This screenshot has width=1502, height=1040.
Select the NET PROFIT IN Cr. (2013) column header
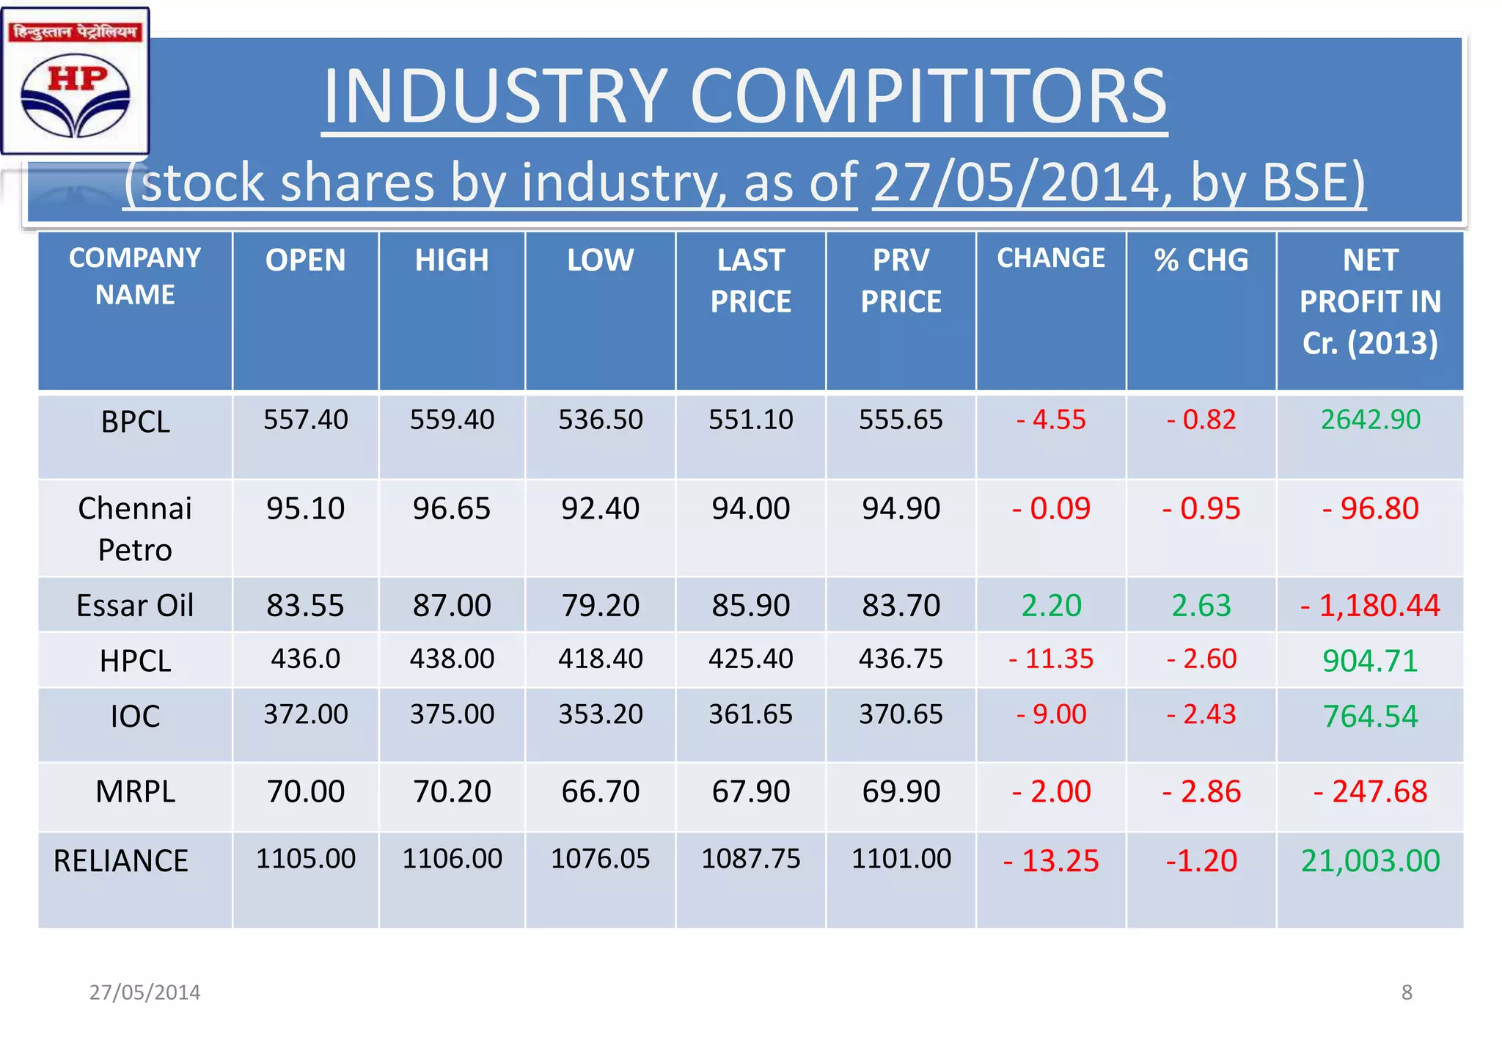1369,301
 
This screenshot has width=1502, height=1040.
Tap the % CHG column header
1201,260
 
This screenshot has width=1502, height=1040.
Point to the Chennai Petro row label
135,529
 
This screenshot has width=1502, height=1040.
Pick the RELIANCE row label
121,861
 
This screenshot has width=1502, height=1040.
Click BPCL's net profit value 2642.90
1370,420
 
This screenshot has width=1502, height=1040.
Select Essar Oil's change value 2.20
1051,606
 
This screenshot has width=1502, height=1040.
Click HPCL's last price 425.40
750,659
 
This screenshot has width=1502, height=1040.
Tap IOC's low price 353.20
600,714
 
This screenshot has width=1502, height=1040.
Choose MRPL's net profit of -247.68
1370,792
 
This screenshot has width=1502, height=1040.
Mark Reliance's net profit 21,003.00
1370,861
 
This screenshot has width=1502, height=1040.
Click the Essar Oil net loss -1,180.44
1370,606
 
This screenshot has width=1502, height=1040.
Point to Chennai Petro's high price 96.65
451,509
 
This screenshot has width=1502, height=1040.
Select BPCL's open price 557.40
305,420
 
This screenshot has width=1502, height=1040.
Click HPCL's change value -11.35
1051,659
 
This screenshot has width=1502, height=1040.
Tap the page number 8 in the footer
1406,992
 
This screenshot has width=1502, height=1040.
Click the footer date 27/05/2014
144,992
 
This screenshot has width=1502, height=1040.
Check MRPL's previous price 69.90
901,792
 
